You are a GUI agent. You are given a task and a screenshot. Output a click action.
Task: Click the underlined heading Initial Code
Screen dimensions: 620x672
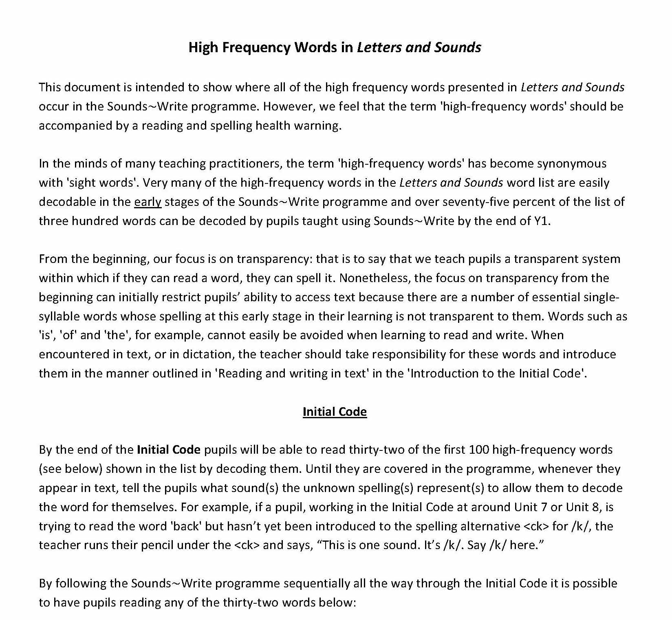tap(335, 412)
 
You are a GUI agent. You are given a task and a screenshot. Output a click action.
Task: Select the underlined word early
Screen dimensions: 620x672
tap(148, 202)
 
